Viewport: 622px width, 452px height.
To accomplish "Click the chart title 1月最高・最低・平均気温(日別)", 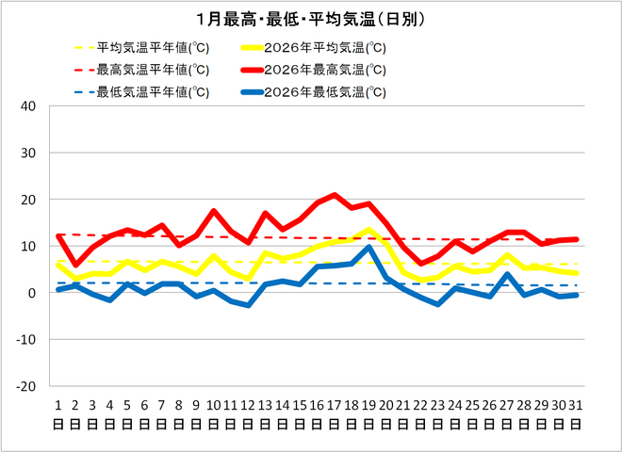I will click(310, 19).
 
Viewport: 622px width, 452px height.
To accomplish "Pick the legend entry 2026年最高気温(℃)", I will click(325, 70).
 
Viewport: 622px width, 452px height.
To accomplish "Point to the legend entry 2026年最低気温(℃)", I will click(325, 92).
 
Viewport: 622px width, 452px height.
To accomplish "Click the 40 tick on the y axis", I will click(28, 106).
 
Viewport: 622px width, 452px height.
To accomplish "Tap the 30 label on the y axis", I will click(28, 153).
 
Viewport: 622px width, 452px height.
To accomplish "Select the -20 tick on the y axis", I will click(25, 386).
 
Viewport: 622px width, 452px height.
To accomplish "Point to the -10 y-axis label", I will click(25, 339).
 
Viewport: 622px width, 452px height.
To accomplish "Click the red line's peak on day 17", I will click(334, 195).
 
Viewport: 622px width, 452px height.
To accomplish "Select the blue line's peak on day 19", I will click(368, 248).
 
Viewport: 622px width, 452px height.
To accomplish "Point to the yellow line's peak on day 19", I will click(368, 230).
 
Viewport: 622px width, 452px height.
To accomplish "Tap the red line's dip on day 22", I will click(420, 264).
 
